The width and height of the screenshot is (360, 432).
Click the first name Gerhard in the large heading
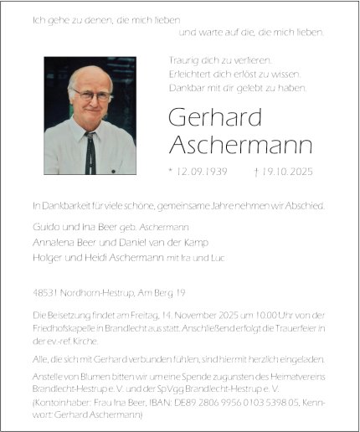coord(203,118)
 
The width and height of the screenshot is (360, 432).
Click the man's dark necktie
coord(90,152)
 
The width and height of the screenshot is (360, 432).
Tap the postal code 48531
coord(43,292)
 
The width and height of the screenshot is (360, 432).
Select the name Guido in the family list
coord(44,228)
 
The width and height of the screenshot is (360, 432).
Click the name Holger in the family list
coord(45,257)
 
